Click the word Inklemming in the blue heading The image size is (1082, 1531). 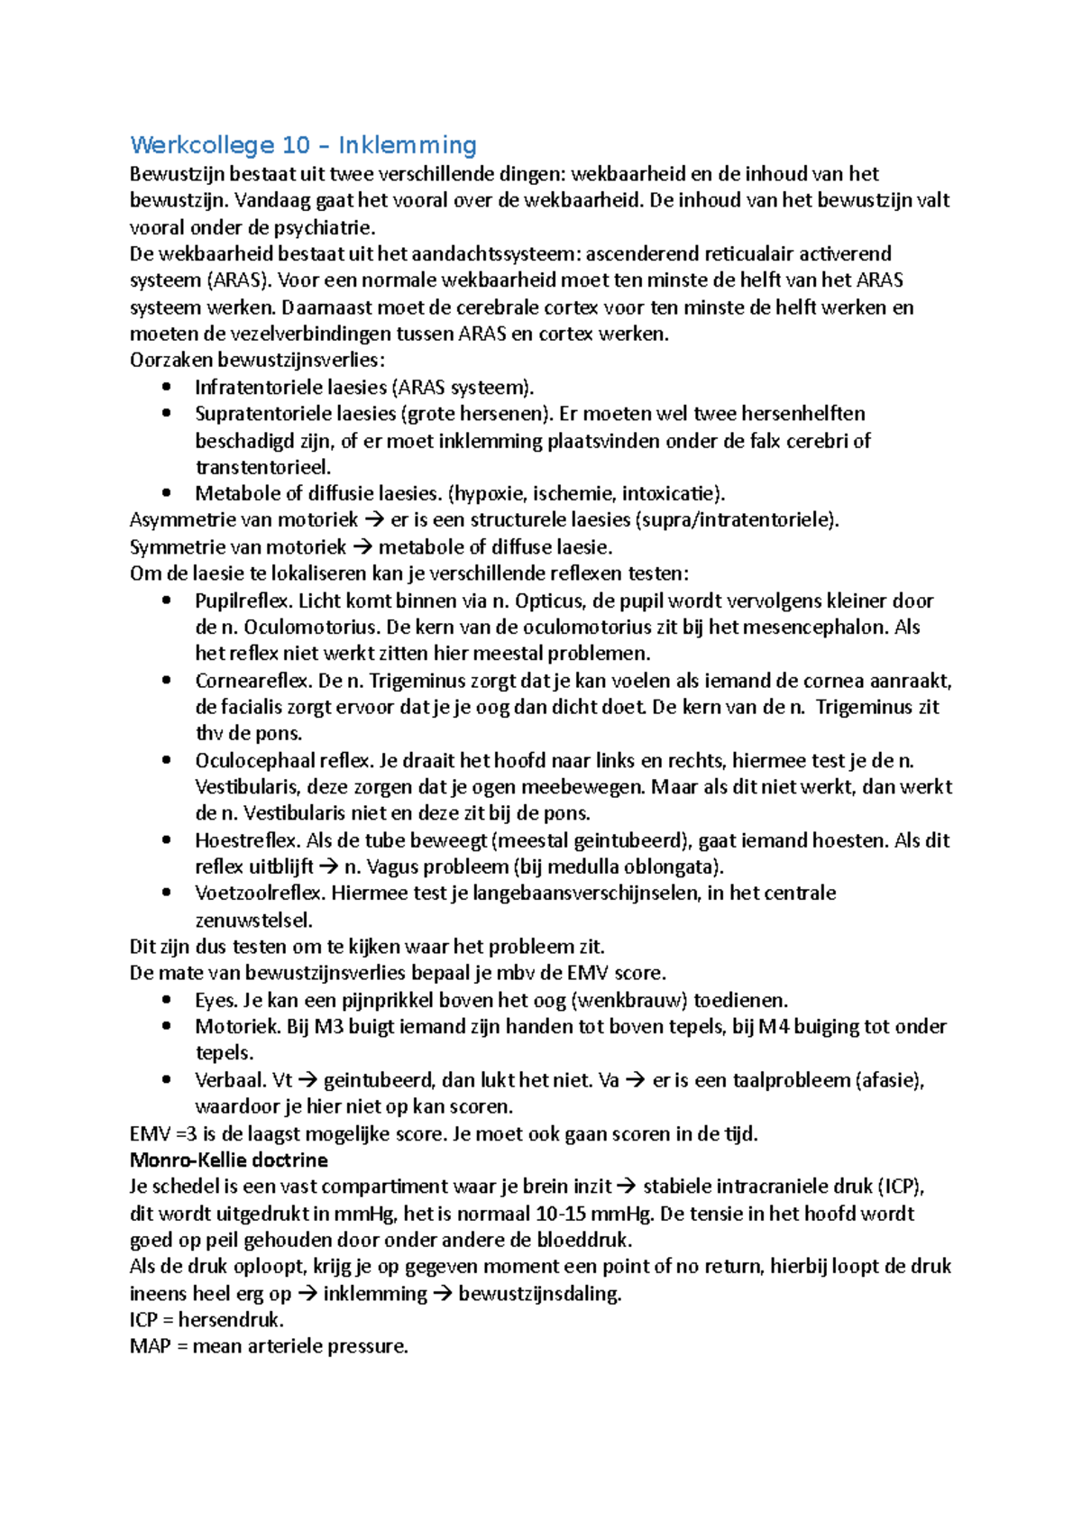point(408,145)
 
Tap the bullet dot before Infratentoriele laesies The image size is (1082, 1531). point(166,387)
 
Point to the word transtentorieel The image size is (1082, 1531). point(263,467)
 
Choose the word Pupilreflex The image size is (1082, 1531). point(243,600)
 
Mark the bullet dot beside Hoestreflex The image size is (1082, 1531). point(166,840)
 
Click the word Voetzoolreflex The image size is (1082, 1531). point(260,894)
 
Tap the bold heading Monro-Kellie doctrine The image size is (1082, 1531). point(228,1160)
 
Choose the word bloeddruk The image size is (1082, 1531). point(583,1240)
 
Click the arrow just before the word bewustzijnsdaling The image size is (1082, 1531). point(443,1294)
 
